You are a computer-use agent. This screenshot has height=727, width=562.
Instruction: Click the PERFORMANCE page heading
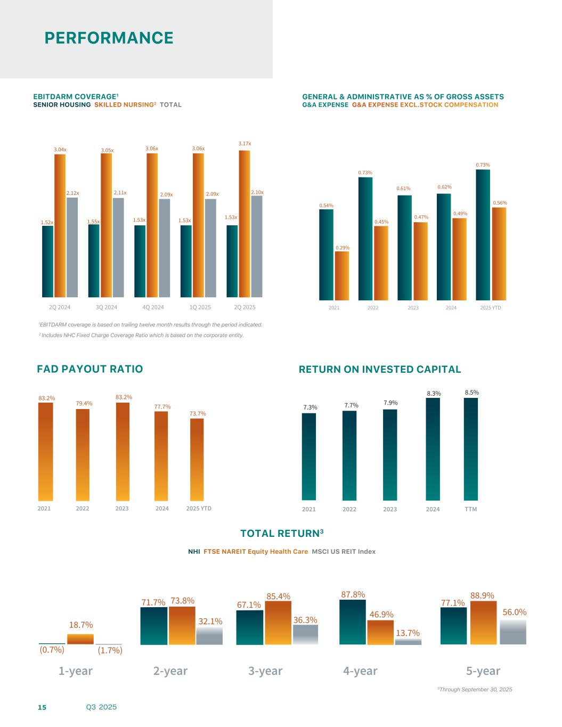pos(109,38)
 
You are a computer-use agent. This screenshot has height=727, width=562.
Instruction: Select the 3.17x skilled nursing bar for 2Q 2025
pos(245,224)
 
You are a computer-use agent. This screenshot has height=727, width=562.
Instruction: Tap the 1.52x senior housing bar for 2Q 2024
pos(47,261)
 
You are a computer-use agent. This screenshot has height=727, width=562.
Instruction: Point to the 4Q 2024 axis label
pos(153,307)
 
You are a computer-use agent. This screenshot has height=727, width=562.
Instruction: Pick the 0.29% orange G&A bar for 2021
pos(342,276)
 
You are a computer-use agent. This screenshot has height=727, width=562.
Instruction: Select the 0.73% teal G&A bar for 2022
pos(365,239)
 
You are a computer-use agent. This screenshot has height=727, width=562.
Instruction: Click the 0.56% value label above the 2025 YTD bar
pos(500,203)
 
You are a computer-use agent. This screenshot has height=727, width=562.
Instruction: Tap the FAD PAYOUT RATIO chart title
pos(90,369)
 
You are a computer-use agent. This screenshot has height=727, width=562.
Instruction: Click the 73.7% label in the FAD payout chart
pos(198,413)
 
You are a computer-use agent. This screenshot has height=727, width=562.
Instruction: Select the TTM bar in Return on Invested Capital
pos(471,449)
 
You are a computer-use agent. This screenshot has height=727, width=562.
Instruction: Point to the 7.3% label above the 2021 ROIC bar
pos(310,407)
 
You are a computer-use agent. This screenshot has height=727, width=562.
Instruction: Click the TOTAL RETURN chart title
pos(282,534)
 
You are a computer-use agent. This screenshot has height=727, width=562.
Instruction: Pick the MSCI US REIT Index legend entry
pos(344,552)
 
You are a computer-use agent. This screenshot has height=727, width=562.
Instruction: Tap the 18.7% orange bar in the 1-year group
pos(80,639)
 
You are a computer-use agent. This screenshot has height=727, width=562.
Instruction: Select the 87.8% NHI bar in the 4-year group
pos(353,622)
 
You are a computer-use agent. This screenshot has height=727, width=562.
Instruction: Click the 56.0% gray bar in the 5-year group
pos(513,632)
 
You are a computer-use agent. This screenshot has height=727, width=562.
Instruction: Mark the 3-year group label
pos(265,671)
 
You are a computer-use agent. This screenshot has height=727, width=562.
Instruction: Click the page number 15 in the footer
pos(42,707)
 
